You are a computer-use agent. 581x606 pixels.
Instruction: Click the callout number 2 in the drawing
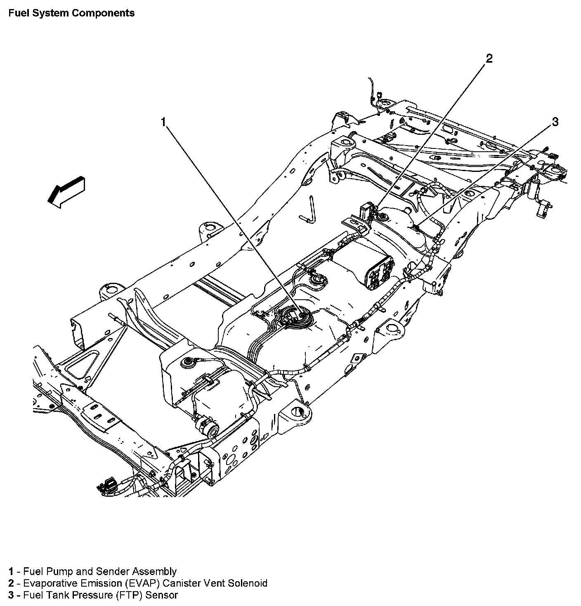point(489,59)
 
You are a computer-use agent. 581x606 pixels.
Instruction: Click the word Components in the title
point(103,13)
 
